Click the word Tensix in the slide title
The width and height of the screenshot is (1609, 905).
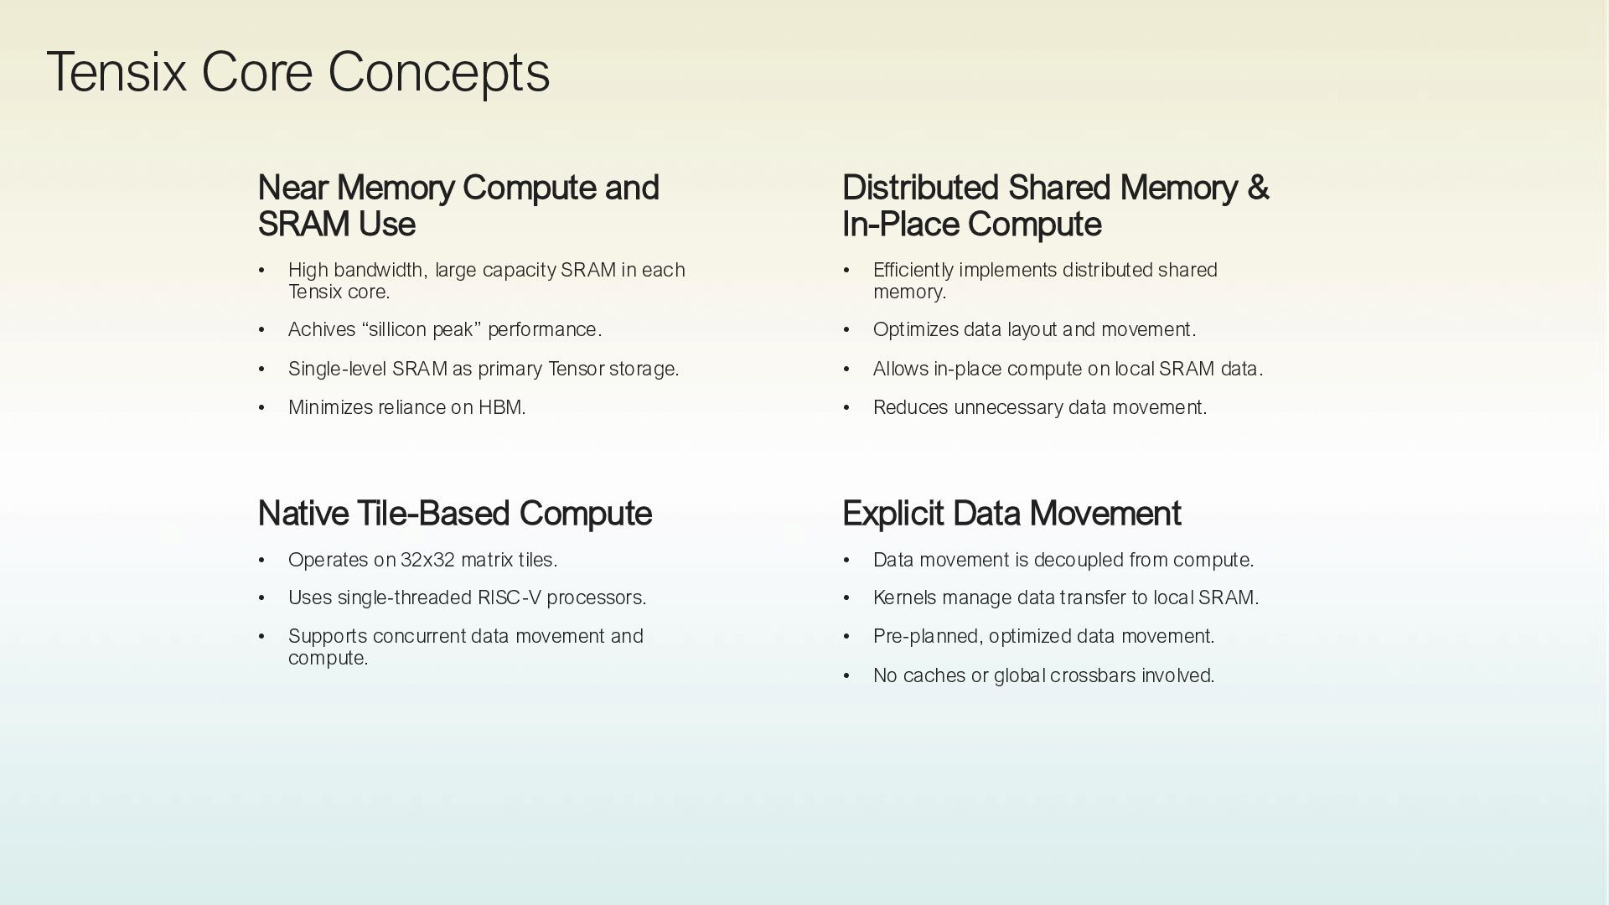pos(116,73)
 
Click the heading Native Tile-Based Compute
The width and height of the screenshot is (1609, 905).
pos(454,514)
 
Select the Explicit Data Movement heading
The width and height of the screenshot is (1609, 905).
pos(1011,514)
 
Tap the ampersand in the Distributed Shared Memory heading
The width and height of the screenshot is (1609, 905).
pos(1257,189)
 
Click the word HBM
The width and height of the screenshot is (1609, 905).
pos(500,408)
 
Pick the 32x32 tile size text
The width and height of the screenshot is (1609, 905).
pos(427,560)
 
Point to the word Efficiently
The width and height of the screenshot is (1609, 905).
pos(913,271)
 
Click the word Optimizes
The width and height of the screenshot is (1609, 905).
pos(915,330)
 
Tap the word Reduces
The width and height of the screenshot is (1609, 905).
pos(910,408)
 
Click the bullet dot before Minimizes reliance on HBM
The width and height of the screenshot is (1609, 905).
pos(261,408)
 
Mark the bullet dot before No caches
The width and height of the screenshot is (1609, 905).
pos(846,676)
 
